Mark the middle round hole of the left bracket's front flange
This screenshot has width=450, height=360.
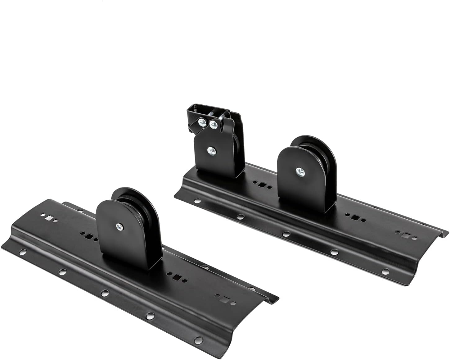[x=105, y=293]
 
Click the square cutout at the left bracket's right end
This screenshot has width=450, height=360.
[x=229, y=301]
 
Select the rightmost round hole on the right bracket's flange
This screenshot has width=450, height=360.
[x=386, y=271]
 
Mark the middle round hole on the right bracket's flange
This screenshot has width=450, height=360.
[x=286, y=233]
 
